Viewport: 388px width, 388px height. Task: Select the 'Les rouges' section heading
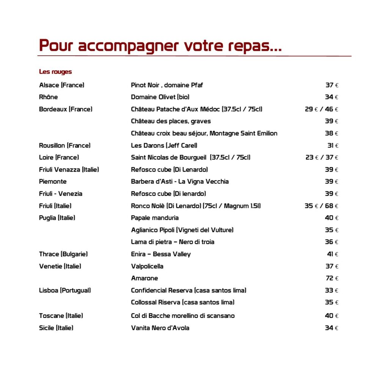(55, 72)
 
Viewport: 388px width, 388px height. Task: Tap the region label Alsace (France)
(61, 85)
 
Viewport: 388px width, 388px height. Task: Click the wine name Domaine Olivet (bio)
(160, 97)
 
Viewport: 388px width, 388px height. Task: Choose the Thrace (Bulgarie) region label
(63, 254)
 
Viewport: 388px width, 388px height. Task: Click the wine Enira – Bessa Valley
(161, 254)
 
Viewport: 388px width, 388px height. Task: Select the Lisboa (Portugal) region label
(65, 290)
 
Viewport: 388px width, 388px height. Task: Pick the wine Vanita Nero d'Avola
(160, 328)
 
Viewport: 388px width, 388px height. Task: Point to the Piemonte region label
(53, 181)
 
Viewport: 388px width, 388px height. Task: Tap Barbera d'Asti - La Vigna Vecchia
(180, 181)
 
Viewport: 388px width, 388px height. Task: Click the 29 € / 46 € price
(321, 109)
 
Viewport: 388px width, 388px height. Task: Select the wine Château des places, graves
(171, 121)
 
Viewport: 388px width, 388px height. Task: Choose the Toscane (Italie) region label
(61, 316)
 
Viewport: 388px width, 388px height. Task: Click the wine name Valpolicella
(147, 266)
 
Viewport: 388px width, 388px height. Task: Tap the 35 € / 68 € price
(321, 206)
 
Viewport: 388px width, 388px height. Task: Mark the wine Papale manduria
(155, 218)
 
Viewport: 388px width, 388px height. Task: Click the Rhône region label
(48, 97)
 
